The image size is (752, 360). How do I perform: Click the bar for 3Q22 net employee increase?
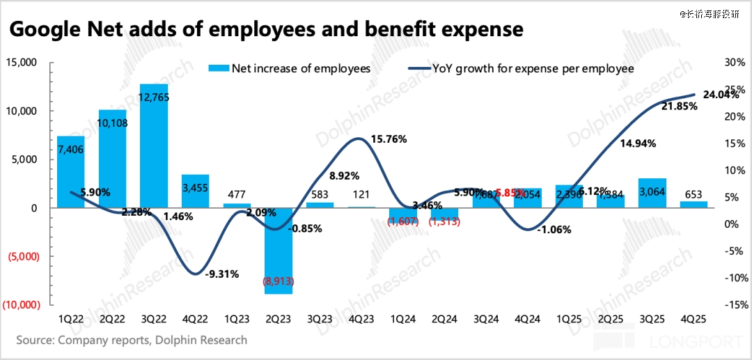(154, 146)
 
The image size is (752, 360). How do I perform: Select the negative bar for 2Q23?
(278, 251)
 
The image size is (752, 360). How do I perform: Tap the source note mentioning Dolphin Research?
(132, 341)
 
